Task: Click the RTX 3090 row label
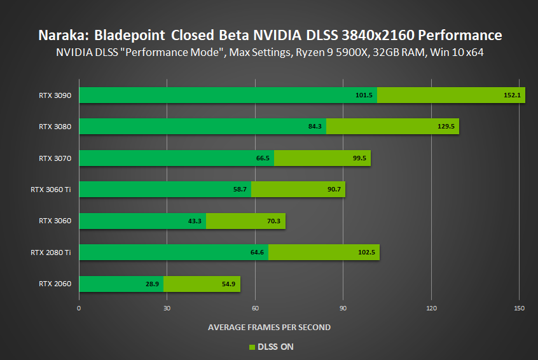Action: [55, 95]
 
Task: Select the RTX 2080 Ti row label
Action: [50, 253]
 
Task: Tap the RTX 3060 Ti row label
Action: [50, 190]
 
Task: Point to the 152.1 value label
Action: [511, 95]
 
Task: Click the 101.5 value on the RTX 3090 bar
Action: [364, 95]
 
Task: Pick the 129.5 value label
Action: [446, 127]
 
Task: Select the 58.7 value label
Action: [240, 190]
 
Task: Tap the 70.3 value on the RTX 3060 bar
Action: [274, 221]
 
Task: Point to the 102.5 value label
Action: [367, 253]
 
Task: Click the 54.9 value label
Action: [229, 284]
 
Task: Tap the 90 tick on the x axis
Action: [343, 308]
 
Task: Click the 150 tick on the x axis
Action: [519, 308]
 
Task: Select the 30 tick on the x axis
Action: [167, 308]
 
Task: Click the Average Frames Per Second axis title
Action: [269, 327]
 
